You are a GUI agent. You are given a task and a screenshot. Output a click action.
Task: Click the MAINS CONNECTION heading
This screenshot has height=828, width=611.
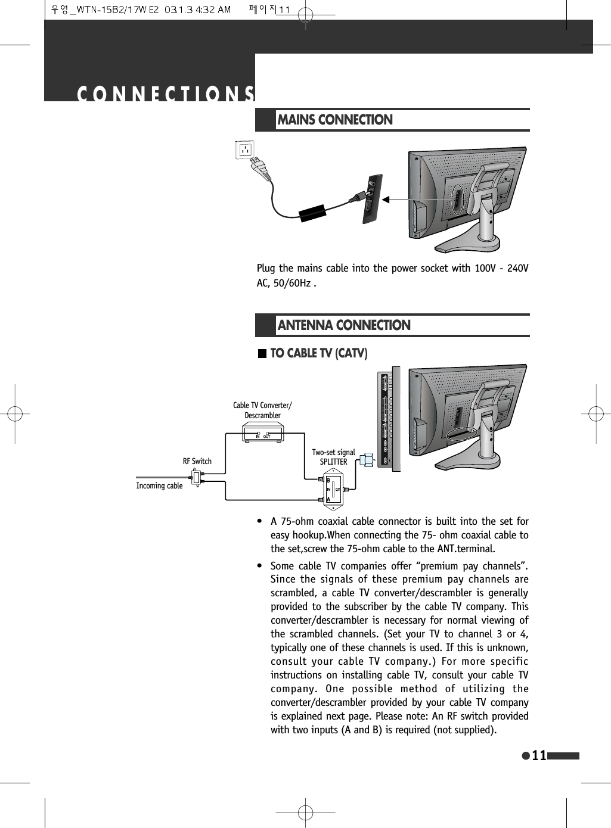(x=335, y=120)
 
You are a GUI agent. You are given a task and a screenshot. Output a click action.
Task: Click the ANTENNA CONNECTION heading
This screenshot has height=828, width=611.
(x=344, y=325)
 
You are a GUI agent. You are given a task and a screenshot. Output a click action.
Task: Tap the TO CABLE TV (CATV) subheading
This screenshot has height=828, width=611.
(x=318, y=353)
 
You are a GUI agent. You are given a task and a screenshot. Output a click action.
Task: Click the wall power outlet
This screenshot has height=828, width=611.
(x=244, y=150)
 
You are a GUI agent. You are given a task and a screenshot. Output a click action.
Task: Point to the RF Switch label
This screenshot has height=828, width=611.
(x=197, y=461)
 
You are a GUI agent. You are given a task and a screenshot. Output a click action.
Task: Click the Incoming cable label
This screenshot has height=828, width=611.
(x=159, y=485)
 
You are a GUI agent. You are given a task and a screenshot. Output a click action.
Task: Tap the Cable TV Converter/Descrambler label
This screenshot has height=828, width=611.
(x=262, y=410)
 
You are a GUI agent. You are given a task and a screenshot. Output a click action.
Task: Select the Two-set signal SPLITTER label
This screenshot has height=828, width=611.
(x=333, y=457)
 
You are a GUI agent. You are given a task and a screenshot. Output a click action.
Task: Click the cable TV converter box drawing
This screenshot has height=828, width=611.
(x=263, y=432)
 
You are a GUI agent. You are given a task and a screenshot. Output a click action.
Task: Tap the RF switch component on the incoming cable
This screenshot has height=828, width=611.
(x=196, y=477)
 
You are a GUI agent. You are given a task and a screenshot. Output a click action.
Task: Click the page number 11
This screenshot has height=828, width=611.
(x=539, y=755)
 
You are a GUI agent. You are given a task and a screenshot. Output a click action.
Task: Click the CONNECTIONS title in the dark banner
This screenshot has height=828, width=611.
(x=166, y=94)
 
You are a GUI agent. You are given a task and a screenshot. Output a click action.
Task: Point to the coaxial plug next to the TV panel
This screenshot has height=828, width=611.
(x=367, y=460)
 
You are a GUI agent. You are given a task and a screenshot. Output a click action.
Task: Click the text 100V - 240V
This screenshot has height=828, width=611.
(x=501, y=268)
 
